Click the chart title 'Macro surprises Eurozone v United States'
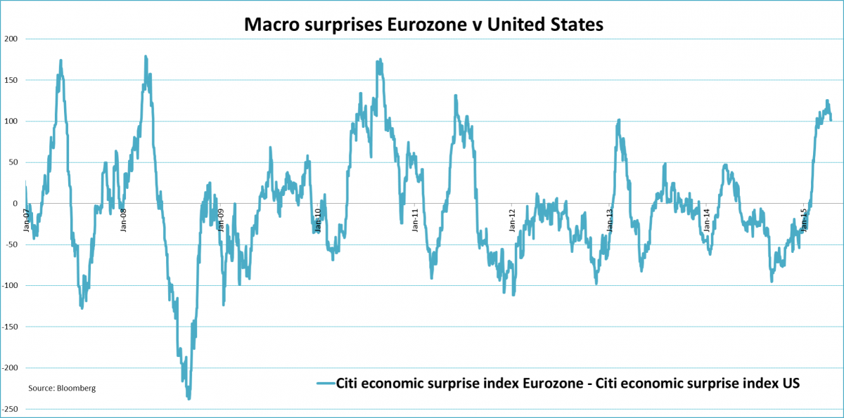tap(423, 25)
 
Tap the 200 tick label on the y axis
tap(11, 39)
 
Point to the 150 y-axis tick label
tap(11, 80)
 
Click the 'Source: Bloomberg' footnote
tap(62, 388)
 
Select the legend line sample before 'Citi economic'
tap(325, 384)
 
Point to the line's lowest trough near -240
tap(188, 398)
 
